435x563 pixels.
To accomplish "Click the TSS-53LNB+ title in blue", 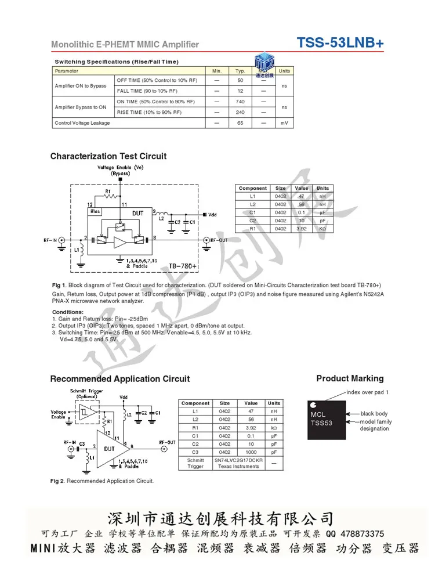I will point(340,43).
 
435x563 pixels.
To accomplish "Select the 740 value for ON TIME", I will point(240,102).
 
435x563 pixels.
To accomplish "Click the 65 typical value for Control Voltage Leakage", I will point(240,123).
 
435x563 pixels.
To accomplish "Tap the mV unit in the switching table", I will point(284,123).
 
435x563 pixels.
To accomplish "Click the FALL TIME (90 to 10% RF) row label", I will point(147,91).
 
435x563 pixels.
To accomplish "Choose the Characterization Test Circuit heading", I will point(108,156).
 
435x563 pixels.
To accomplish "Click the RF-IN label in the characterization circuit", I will point(50,239).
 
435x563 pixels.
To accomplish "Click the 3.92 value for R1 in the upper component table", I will point(302,229).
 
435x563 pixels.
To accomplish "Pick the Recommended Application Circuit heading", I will point(119,379).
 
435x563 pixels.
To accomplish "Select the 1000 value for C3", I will point(251,452).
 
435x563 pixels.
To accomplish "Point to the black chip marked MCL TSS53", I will point(327,419).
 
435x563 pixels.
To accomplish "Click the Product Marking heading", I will point(350,378).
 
